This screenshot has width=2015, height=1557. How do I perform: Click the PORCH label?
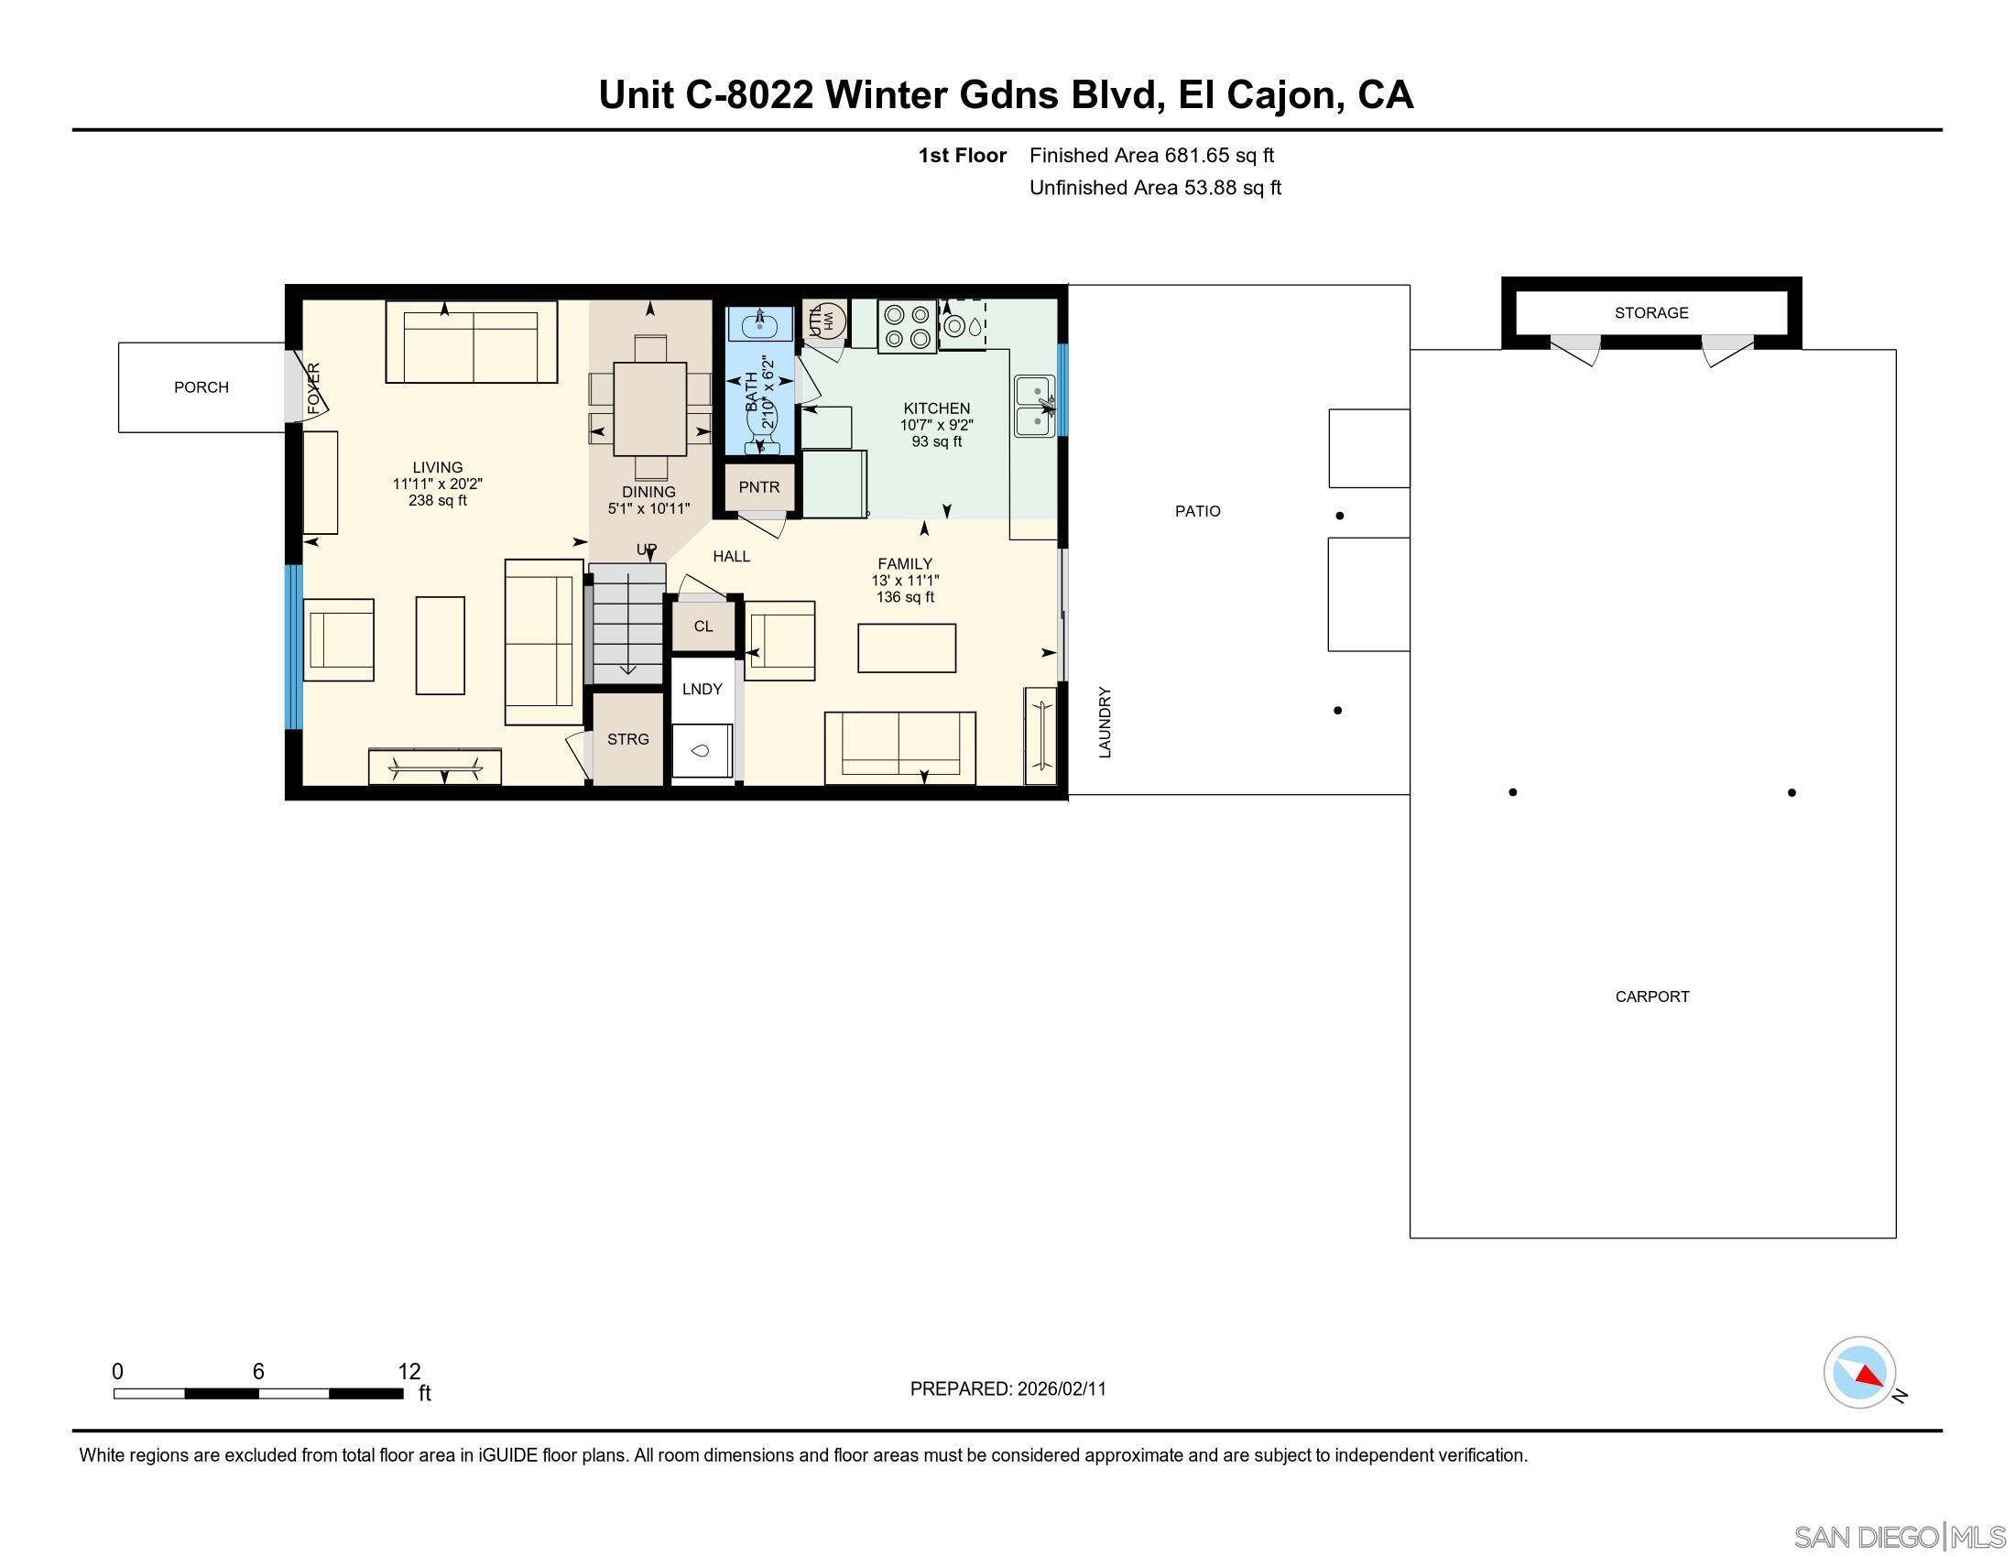[x=201, y=387]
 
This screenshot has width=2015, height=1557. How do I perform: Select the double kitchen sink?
[x=1034, y=406]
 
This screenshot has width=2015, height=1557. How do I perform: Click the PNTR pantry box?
[x=758, y=487]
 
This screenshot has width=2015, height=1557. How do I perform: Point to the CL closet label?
[x=703, y=626]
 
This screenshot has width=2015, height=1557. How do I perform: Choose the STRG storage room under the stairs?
[x=627, y=739]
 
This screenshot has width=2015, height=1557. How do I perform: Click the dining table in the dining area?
[x=649, y=408]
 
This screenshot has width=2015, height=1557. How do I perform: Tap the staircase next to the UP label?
[x=627, y=623]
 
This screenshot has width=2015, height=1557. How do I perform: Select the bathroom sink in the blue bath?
[x=759, y=325]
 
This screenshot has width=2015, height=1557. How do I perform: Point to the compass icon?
[x=1859, y=1372]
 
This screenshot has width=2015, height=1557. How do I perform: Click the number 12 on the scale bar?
[x=408, y=1371]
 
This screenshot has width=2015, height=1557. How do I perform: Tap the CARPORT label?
[x=1651, y=996]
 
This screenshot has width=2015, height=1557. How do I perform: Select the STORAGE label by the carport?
[x=1650, y=312]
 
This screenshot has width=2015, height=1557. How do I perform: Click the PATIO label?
[x=1197, y=511]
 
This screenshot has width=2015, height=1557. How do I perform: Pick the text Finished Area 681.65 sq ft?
[x=1150, y=155]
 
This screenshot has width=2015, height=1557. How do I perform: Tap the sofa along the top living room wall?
[x=472, y=343]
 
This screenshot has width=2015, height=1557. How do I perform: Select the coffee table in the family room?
[x=906, y=648]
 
